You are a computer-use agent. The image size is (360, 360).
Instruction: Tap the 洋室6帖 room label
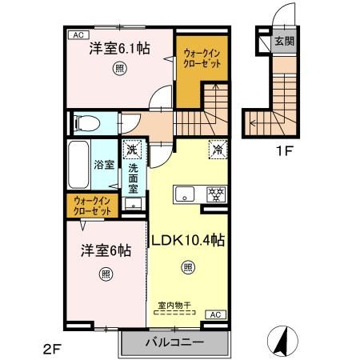point(105,249)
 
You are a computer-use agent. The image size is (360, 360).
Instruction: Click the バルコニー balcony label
point(174,342)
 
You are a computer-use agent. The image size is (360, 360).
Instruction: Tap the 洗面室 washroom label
point(134,180)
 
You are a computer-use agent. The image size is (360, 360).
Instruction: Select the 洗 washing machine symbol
point(131,148)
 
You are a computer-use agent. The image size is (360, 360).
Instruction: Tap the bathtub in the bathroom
point(78,167)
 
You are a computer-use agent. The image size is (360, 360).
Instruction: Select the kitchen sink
point(185,193)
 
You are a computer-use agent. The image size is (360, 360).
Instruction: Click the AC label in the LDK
point(214,314)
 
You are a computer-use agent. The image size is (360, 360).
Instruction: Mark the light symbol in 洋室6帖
point(106,274)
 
